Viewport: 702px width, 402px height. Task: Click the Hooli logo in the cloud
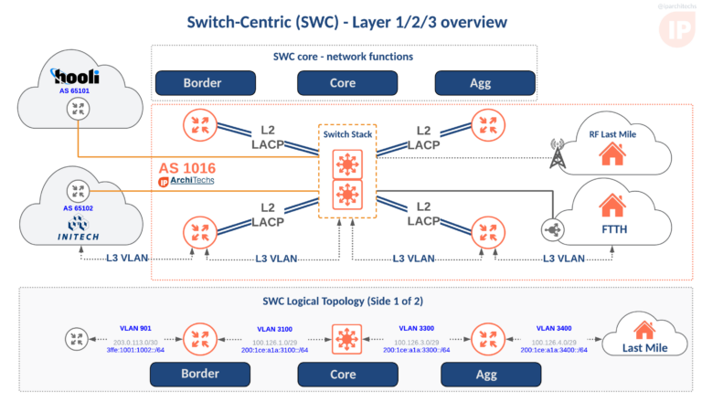point(76,77)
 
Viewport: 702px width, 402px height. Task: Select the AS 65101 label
point(76,92)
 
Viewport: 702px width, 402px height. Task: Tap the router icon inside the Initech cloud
point(77,192)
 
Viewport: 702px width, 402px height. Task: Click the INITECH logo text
point(77,238)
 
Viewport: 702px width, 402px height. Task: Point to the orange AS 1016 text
point(187,168)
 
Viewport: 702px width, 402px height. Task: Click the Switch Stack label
point(347,134)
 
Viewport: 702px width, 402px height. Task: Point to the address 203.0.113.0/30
point(135,341)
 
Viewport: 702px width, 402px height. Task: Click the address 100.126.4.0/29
point(556,341)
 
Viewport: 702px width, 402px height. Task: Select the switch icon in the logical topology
point(346,339)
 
